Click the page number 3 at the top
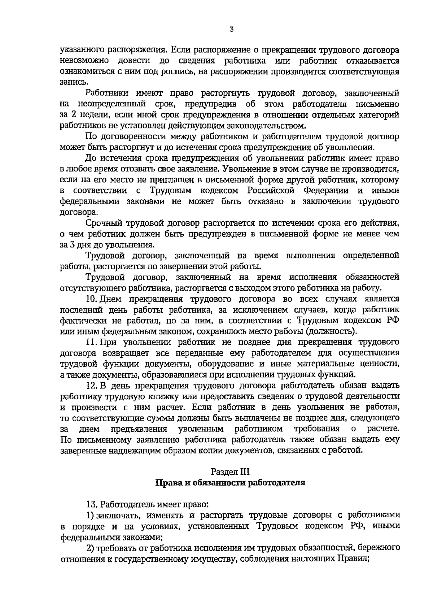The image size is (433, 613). (x=231, y=30)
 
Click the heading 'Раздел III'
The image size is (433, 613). (x=230, y=471)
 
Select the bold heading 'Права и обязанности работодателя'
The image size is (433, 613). (x=230, y=482)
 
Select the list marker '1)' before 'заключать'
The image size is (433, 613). (x=90, y=514)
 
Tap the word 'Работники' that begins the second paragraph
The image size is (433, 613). (x=107, y=94)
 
